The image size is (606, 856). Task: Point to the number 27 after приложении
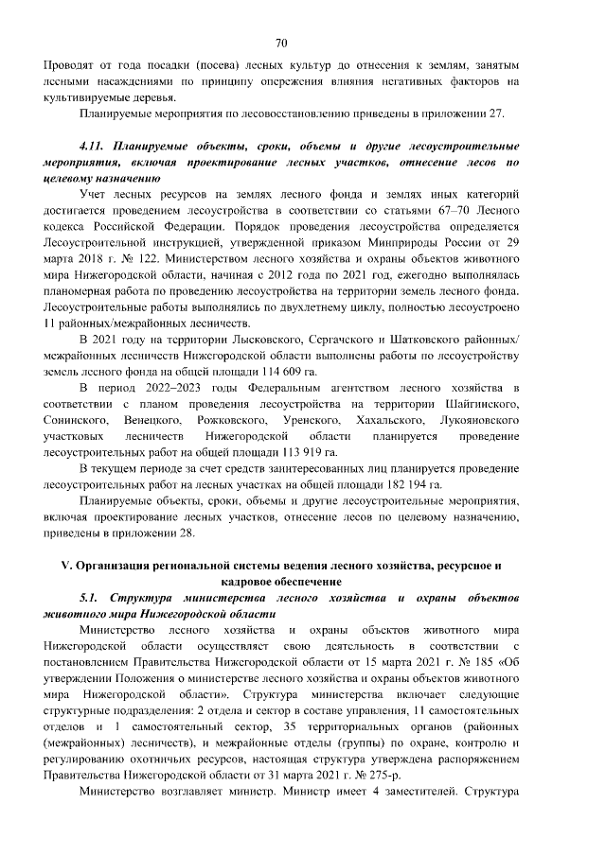tap(501, 114)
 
